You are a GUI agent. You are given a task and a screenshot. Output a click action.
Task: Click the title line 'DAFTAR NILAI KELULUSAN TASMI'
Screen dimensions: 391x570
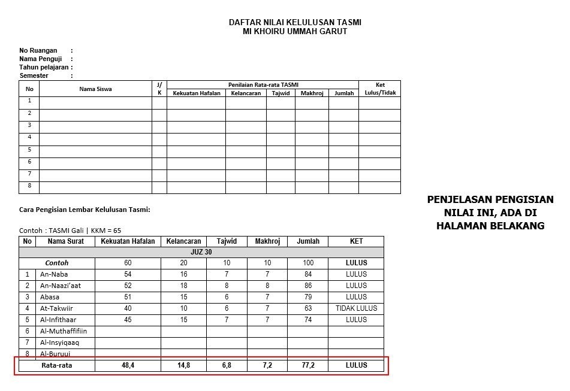[x=295, y=22]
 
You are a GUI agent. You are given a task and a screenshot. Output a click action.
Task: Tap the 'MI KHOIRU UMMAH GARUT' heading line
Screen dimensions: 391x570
[x=295, y=31]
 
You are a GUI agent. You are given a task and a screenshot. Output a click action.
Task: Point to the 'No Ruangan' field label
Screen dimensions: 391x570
[x=38, y=51]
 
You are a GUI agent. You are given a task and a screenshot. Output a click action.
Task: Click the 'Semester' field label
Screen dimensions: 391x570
[x=34, y=76]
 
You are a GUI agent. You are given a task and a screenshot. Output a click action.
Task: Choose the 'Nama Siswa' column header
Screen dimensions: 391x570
[x=95, y=89]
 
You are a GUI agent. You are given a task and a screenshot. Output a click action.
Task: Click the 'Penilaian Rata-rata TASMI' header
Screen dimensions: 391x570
[x=263, y=85]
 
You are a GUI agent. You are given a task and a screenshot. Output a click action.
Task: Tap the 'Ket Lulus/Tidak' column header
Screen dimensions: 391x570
[x=380, y=89]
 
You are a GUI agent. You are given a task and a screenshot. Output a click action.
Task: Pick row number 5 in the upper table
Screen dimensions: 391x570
[x=29, y=150]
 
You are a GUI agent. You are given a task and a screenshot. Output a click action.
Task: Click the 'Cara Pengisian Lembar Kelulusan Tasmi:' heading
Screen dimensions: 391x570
[x=85, y=210]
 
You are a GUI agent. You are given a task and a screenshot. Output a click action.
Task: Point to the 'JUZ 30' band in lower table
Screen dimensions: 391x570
[x=201, y=252]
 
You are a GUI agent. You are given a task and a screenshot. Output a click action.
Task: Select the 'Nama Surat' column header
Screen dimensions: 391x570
[x=65, y=241]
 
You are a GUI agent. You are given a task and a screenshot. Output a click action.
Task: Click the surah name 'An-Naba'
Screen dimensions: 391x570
[x=54, y=274]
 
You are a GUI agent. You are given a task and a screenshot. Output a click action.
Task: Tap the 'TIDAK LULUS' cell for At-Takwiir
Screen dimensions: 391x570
[x=356, y=308]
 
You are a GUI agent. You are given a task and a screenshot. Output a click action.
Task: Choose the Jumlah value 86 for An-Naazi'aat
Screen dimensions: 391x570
[x=308, y=286]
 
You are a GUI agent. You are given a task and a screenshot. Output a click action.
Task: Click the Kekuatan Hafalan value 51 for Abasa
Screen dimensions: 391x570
[x=128, y=297]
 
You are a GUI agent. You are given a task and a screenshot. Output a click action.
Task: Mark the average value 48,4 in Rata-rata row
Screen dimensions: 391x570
[x=128, y=365]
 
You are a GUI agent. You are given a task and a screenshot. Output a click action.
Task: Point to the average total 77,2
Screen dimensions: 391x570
[x=308, y=365]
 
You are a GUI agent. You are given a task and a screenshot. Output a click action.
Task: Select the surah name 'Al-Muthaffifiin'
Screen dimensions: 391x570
[x=64, y=331]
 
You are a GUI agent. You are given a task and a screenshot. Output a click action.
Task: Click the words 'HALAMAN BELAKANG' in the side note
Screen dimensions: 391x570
[x=490, y=226]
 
